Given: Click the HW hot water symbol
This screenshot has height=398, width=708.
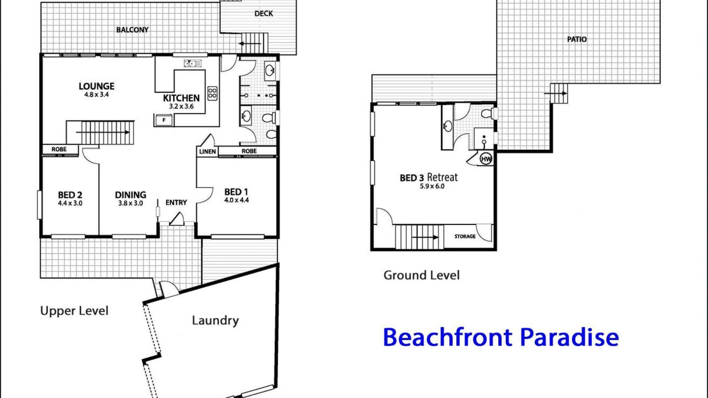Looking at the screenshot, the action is click(x=486, y=159).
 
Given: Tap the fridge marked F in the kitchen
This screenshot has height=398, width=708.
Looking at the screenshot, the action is click(x=164, y=120).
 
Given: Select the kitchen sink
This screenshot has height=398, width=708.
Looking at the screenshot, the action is click(x=192, y=63).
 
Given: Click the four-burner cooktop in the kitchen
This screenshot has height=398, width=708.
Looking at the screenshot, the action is click(x=212, y=93).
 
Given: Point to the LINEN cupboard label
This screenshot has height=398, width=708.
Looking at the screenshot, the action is click(x=207, y=151).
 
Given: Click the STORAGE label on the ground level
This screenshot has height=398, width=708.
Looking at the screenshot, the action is click(x=465, y=236).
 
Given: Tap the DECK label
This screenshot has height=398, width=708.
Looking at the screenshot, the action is click(x=264, y=14).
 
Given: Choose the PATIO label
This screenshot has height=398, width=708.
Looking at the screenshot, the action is click(x=577, y=39).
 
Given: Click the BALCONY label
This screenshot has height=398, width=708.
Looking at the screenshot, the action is click(x=132, y=30).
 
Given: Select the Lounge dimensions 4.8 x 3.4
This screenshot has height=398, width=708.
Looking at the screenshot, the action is click(x=96, y=95).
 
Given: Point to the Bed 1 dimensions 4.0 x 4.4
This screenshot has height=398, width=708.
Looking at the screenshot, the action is click(x=236, y=200).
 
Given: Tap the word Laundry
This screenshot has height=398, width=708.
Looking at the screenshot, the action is click(x=215, y=321).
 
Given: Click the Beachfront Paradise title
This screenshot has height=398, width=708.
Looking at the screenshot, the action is click(x=501, y=337).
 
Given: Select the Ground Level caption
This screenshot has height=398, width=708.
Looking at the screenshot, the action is click(x=421, y=275).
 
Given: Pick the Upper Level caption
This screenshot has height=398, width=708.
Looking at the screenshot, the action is click(x=74, y=311).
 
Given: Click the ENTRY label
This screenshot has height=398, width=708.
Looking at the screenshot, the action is click(x=176, y=202).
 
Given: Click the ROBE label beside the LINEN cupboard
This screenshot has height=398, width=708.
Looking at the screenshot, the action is click(x=249, y=151).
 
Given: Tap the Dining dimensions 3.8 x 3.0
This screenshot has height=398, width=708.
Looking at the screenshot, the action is click(x=131, y=203).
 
